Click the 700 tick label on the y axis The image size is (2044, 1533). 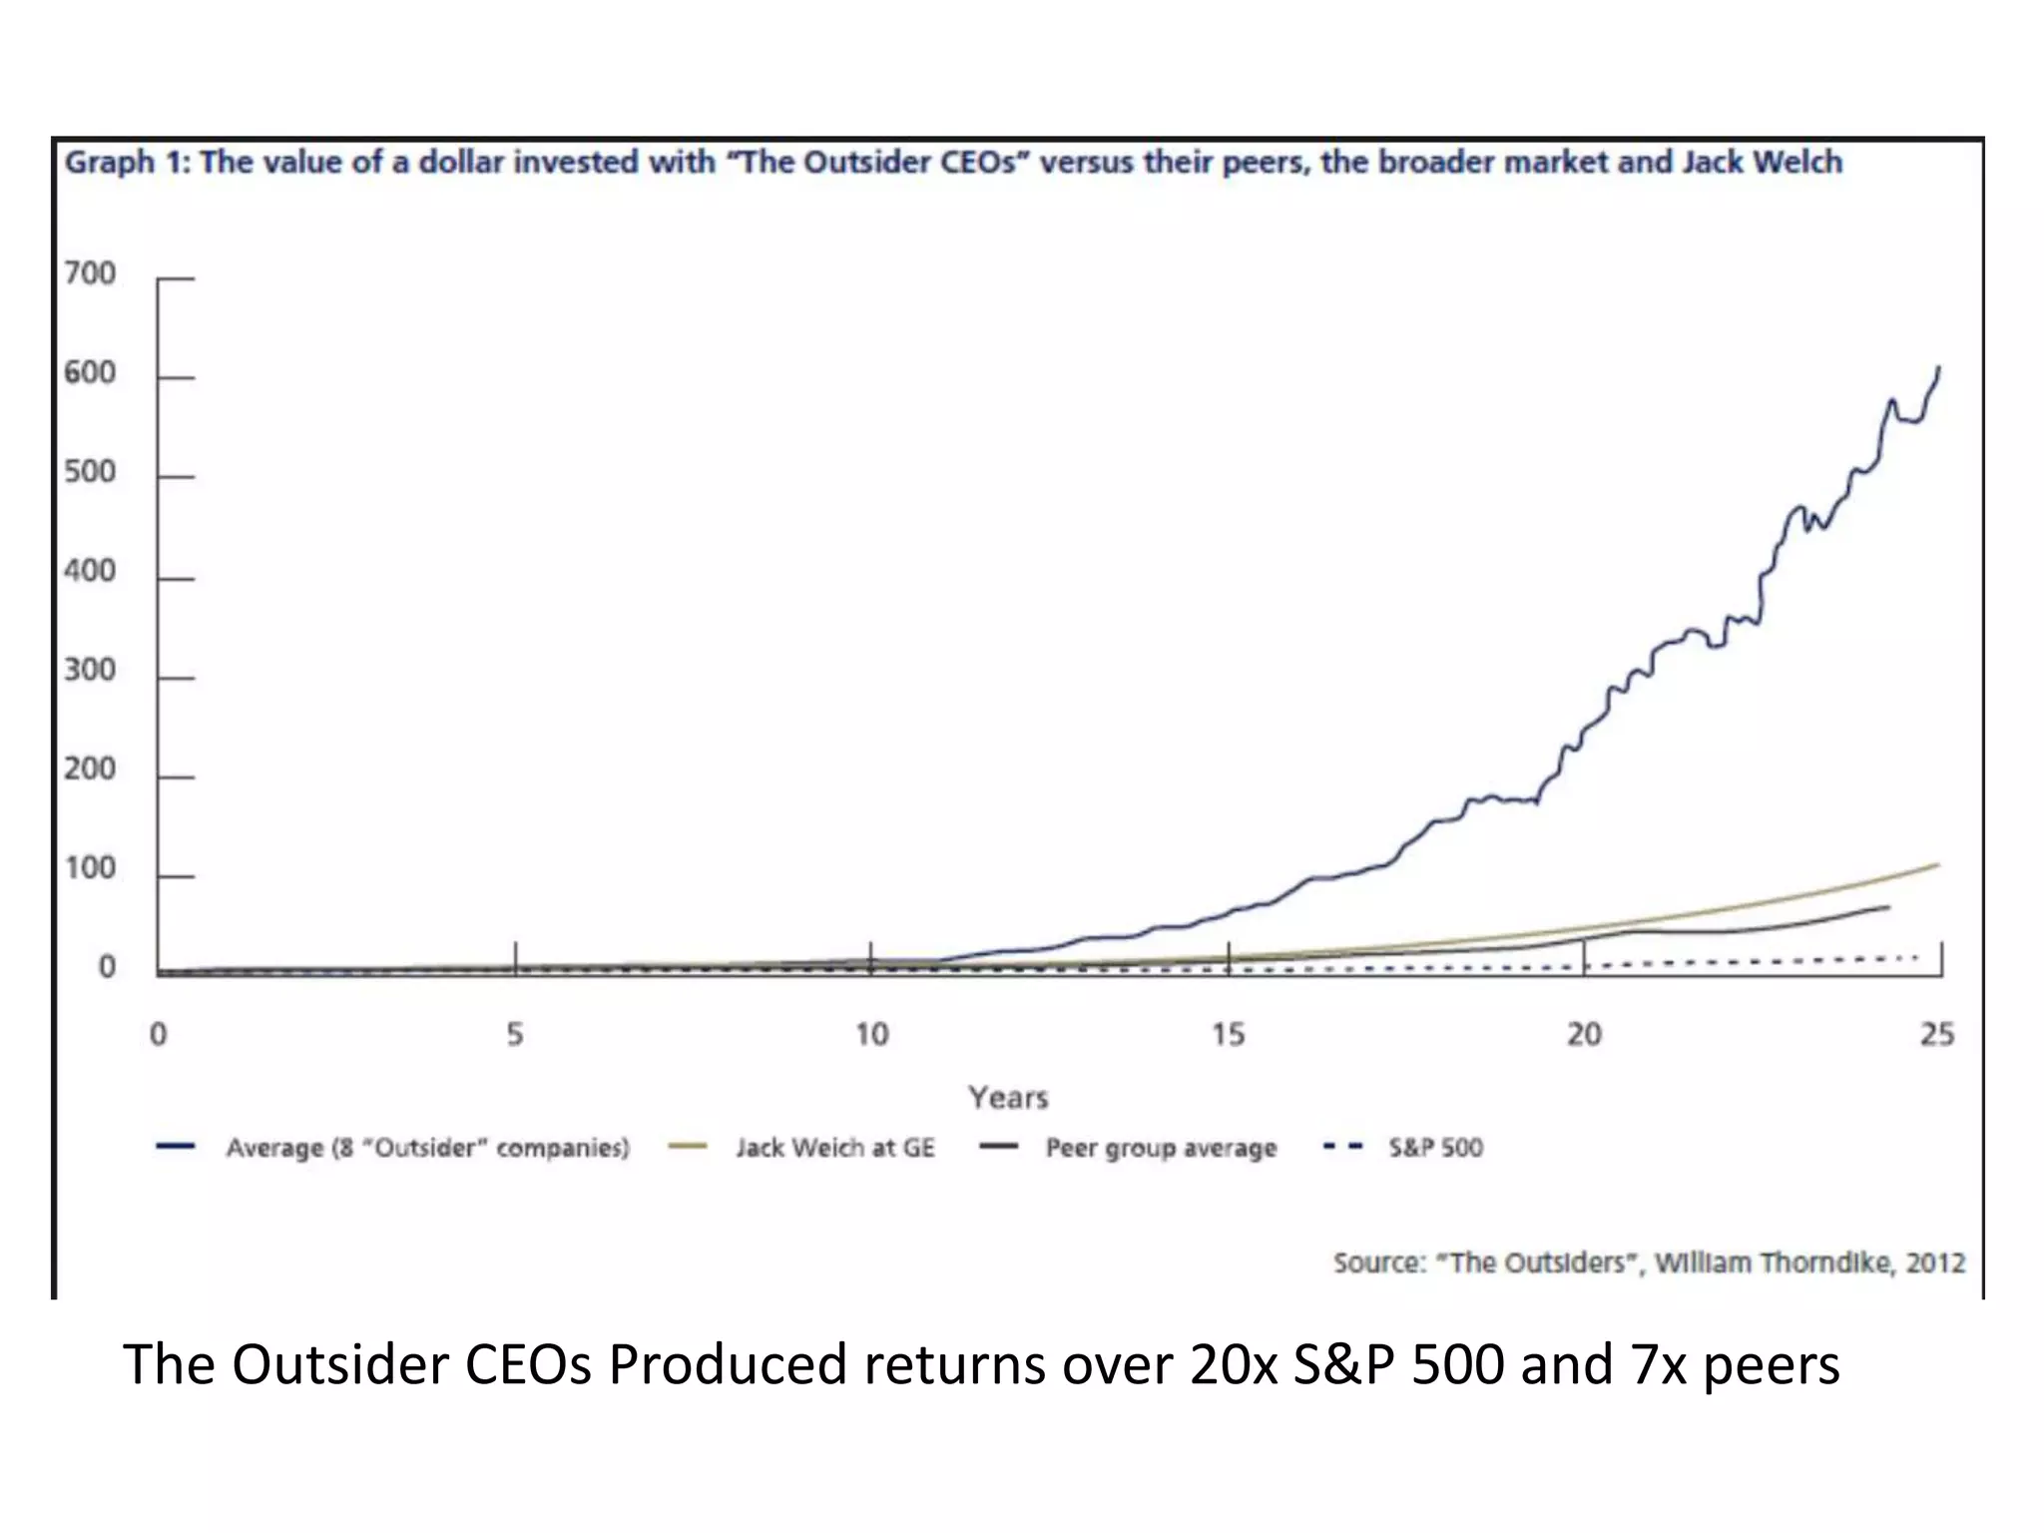[90, 272]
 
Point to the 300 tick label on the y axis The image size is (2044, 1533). [90, 670]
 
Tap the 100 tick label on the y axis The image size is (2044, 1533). [90, 868]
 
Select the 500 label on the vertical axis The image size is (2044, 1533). [90, 471]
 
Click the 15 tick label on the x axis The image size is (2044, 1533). [1228, 1034]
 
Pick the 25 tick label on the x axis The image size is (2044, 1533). [1937, 1034]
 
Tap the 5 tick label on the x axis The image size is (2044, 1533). [515, 1034]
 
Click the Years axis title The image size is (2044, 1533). [1008, 1098]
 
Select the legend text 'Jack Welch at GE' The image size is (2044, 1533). [835, 1148]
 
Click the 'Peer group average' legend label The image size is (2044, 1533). [1161, 1148]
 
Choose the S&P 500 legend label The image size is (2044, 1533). [1435, 1148]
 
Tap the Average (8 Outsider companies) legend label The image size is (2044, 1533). [428, 1148]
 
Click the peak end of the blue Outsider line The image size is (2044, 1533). [1939, 367]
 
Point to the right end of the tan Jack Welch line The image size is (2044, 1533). [1938, 864]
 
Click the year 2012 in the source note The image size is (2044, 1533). [1935, 1263]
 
